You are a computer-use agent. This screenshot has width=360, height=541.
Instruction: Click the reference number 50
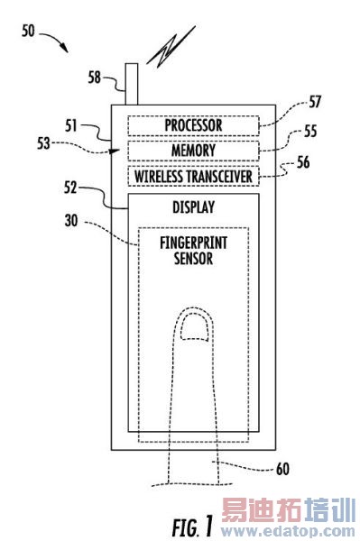[28, 31]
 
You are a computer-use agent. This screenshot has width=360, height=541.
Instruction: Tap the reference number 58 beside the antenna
[94, 78]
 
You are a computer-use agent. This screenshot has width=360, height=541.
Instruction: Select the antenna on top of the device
[132, 84]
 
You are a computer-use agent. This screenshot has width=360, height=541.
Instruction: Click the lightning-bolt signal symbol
[171, 47]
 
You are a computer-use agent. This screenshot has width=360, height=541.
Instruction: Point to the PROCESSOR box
[193, 125]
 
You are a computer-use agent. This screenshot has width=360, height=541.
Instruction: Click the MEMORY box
[193, 151]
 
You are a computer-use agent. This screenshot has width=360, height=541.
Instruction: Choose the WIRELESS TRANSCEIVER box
[193, 177]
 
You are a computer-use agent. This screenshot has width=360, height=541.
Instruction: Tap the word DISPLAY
[193, 207]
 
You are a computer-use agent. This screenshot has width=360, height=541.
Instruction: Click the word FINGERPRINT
[193, 243]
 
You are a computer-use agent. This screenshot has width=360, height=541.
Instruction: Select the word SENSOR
[193, 259]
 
